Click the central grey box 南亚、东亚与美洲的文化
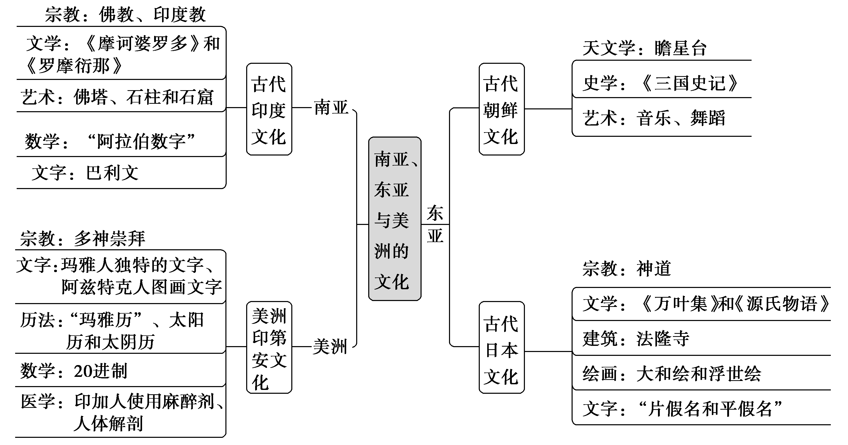[x=394, y=219]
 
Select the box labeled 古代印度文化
[x=269, y=109]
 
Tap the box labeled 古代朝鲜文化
[x=501, y=109]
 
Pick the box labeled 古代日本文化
[x=501, y=347]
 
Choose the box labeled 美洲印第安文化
[x=269, y=347]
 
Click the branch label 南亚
[x=331, y=108]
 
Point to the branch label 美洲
[x=330, y=347]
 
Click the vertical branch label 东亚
[x=435, y=224]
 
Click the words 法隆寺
[x=663, y=339]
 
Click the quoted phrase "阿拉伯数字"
[x=141, y=141]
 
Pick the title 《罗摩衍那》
[x=74, y=66]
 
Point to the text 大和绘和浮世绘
[x=699, y=374]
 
